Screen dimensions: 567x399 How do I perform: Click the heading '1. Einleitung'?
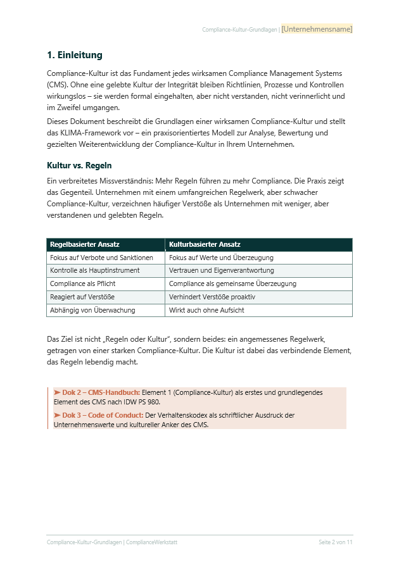click(75, 55)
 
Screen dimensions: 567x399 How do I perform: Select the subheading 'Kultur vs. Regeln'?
click(79, 166)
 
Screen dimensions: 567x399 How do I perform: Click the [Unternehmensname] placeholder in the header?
click(317, 29)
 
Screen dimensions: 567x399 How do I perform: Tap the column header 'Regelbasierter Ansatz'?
click(85, 244)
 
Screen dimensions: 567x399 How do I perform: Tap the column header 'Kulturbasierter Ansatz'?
click(205, 244)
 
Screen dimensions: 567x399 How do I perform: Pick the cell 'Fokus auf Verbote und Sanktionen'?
click(101, 258)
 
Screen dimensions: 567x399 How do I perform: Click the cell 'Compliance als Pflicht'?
click(82, 283)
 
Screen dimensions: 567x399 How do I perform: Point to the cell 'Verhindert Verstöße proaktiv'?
click(212, 297)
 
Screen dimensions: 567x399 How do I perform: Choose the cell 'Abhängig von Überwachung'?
click(92, 310)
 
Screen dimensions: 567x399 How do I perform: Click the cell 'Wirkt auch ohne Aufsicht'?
click(206, 310)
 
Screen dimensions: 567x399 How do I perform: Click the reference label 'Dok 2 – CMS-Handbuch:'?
click(101, 392)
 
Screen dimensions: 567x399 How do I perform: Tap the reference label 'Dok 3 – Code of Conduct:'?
click(103, 415)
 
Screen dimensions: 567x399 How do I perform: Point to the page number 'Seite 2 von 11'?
click(335, 542)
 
